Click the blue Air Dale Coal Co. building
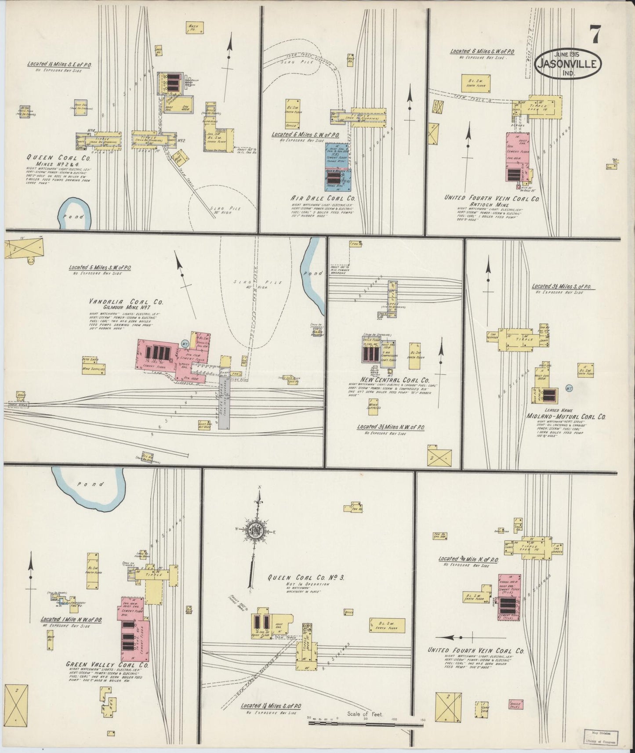coord(337,167)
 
